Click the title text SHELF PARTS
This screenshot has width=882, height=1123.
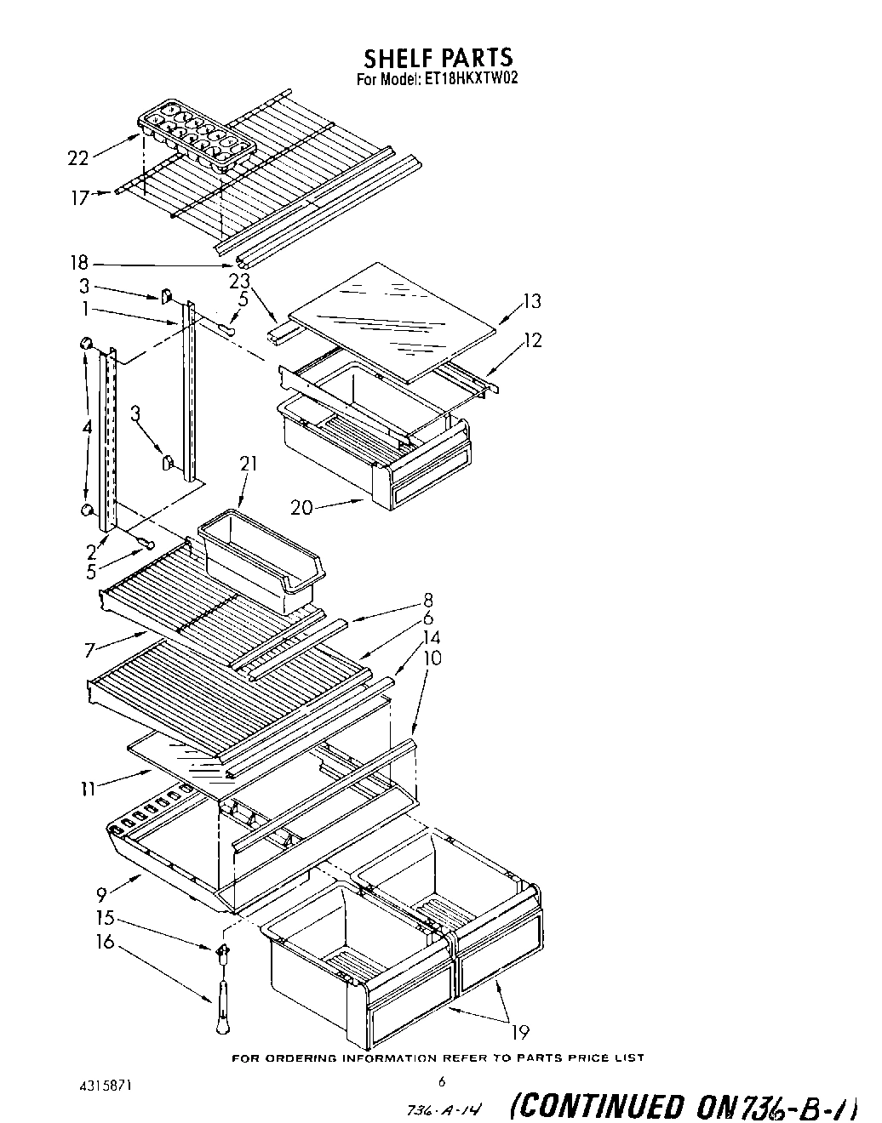click(438, 57)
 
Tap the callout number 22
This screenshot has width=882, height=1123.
click(77, 157)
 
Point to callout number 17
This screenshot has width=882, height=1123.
click(80, 198)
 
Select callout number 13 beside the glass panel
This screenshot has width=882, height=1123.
click(531, 300)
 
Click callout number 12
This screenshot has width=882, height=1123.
click(532, 340)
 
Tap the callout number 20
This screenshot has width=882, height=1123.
click(301, 507)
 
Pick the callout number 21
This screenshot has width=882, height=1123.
click(248, 464)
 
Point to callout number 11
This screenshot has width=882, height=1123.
click(88, 789)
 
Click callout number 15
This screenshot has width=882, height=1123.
click(106, 920)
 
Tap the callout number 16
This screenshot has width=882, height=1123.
click(106, 943)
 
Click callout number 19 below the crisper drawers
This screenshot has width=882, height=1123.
click(519, 1033)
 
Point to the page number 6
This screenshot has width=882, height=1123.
click(442, 1082)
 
